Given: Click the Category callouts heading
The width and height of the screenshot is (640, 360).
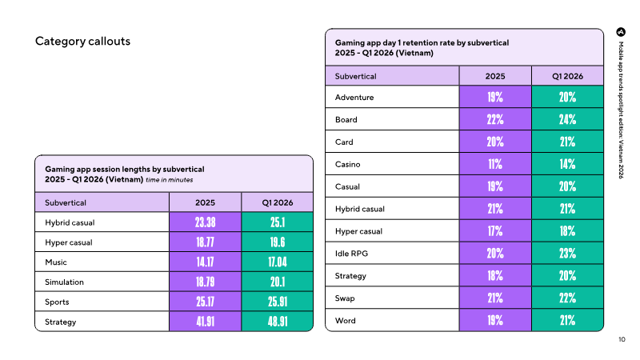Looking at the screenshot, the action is [82, 42].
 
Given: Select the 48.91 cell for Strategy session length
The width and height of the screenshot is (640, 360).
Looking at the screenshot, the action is [278, 322].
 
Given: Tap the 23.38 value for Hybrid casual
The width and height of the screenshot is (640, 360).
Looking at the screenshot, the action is [205, 222].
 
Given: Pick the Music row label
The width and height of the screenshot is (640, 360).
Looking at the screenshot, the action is [56, 262].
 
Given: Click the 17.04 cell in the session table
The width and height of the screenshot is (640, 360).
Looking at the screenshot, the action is [278, 262].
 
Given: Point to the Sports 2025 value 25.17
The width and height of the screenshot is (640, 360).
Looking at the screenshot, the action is [205, 302].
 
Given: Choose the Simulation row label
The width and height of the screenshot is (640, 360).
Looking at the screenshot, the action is [64, 282].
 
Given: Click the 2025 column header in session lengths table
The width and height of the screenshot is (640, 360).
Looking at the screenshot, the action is [205, 202].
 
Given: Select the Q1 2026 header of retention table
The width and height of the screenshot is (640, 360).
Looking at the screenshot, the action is [567, 76].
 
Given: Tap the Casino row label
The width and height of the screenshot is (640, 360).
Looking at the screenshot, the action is [348, 164].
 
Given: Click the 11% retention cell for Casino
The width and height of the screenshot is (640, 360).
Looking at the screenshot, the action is [495, 164].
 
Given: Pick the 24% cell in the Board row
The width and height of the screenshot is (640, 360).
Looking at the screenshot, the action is [567, 119].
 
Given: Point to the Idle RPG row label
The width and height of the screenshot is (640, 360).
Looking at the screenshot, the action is [351, 254].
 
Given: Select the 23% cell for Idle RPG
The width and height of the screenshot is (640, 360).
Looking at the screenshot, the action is [567, 254].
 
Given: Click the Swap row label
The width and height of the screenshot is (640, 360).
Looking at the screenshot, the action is [345, 298].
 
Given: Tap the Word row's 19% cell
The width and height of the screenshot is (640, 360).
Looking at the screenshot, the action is [495, 321].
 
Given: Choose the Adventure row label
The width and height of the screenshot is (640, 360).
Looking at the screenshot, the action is [354, 97].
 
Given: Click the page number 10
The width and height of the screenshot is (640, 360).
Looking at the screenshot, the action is [622, 339].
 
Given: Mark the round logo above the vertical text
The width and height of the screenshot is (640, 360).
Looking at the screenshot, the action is [621, 32].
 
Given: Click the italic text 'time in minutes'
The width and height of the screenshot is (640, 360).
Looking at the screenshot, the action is [170, 180].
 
